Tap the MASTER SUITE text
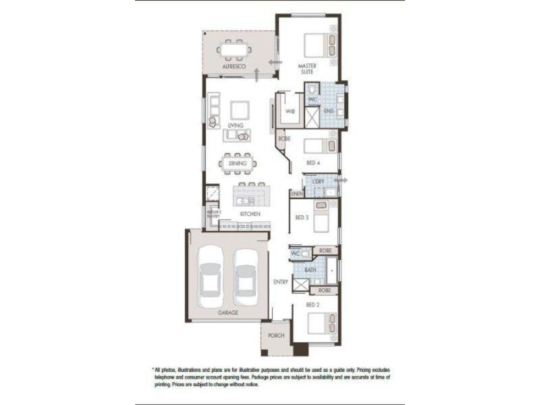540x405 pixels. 307,68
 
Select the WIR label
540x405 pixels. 290,111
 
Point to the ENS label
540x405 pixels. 329,111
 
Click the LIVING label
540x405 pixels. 235,126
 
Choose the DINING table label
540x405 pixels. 237,163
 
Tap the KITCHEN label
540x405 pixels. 250,214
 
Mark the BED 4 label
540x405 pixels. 313,163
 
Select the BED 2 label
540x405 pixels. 312,304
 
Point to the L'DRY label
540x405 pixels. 318,182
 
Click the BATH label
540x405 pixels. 310,270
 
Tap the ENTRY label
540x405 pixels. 281,281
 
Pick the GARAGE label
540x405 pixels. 227,313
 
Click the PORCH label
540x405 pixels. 276,335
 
